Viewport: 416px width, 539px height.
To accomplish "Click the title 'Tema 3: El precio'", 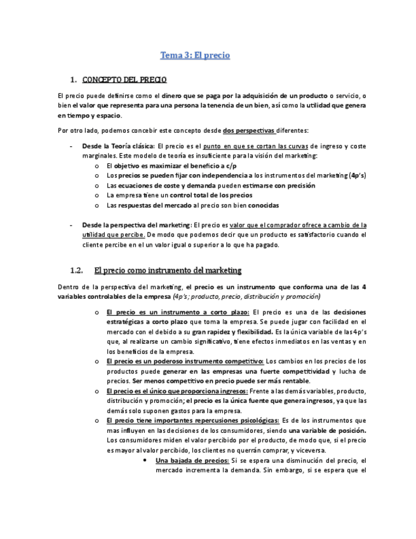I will click(194, 55).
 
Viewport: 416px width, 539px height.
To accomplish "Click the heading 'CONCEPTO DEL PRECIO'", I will click(124, 80).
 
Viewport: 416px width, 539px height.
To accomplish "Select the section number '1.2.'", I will click(78, 270).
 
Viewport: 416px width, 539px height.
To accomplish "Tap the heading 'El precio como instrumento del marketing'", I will click(167, 270).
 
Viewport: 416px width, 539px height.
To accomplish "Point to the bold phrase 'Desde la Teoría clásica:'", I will click(118, 146).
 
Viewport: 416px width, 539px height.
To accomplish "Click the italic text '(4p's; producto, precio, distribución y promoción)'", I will click(246, 296).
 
